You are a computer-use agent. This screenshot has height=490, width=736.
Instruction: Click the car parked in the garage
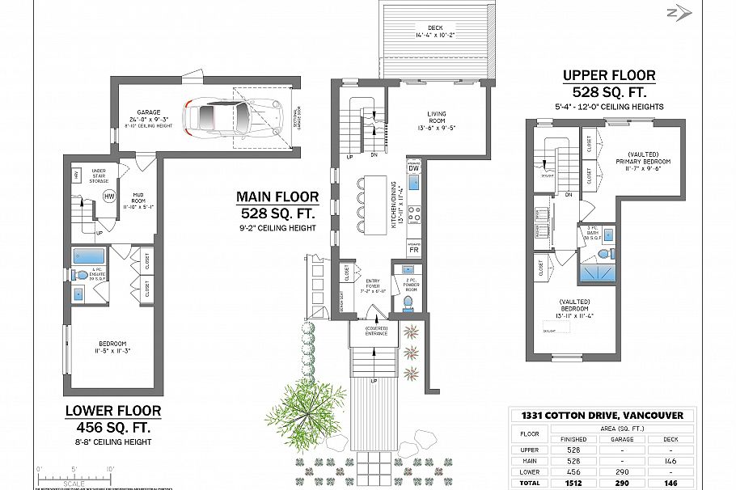click(x=229, y=119)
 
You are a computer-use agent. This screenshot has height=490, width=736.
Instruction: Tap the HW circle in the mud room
click(x=109, y=196)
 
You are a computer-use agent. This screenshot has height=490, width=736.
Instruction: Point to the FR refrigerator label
click(x=413, y=250)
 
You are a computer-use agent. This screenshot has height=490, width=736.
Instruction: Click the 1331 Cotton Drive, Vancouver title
click(x=601, y=416)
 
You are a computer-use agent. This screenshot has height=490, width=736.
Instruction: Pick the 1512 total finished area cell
click(x=573, y=484)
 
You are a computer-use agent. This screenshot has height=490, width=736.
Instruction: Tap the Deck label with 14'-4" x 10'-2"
click(x=438, y=32)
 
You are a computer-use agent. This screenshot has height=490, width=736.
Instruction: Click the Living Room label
click(x=437, y=119)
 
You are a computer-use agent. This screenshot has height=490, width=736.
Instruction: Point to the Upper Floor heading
click(x=609, y=76)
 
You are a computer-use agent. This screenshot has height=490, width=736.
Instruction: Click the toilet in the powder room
click(x=408, y=304)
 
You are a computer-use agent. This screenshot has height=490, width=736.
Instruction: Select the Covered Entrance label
click(x=376, y=331)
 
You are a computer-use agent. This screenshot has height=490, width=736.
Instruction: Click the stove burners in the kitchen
click(x=413, y=214)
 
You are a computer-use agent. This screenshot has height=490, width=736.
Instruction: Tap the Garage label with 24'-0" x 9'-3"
click(x=148, y=117)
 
